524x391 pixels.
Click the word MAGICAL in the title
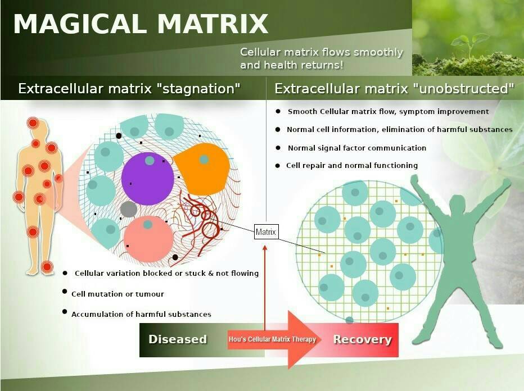(80, 24)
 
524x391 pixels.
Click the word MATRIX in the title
(213, 24)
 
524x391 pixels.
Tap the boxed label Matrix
(266, 231)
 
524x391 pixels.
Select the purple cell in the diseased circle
(147, 179)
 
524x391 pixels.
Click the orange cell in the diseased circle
(203, 169)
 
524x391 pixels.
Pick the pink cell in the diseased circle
(148, 238)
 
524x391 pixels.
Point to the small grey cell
(129, 210)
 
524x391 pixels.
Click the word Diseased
(178, 339)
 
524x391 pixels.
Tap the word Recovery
(362, 339)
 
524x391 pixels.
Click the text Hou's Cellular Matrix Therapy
(272, 339)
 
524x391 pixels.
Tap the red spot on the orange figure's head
(33, 123)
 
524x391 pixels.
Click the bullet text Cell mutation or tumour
(118, 294)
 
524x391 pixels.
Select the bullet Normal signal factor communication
(357, 148)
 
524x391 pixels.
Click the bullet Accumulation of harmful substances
(141, 314)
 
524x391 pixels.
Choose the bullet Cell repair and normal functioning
(352, 166)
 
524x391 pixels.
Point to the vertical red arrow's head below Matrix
(265, 247)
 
